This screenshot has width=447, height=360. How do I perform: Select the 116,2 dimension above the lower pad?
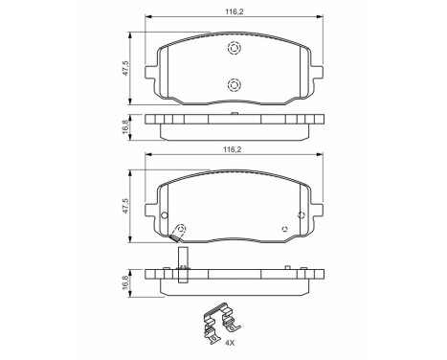(233, 150)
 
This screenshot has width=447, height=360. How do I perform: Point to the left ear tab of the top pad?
(150, 70)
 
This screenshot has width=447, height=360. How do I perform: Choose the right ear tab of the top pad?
(316, 70)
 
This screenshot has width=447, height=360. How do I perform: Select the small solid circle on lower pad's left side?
(165, 214)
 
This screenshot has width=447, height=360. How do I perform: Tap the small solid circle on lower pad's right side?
(302, 214)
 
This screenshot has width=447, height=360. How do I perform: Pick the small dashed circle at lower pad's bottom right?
(283, 228)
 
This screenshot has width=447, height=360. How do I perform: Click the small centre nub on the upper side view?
(234, 113)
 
